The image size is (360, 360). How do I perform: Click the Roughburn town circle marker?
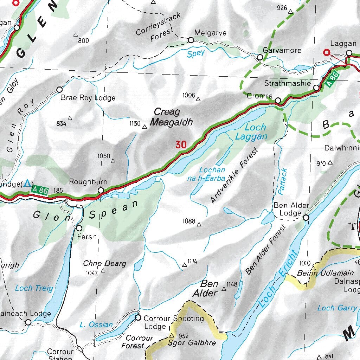click(x=101, y=190)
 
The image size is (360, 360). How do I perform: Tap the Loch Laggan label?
click(x=251, y=132)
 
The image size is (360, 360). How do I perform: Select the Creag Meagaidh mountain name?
click(x=171, y=117)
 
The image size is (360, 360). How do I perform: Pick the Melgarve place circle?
click(x=191, y=40)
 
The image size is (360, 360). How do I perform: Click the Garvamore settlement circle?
click(x=260, y=57)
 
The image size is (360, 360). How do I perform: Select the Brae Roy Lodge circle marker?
click(x=59, y=89)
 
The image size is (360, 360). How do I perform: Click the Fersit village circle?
click(x=79, y=228)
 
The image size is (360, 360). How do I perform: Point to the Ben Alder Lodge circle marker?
click(x=306, y=218)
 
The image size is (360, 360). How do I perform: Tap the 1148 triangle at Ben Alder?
click(x=224, y=289)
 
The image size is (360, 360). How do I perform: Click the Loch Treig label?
click(x=34, y=288)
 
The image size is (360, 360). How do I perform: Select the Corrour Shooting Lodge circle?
click(x=138, y=318)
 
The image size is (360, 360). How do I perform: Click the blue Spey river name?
click(x=195, y=53)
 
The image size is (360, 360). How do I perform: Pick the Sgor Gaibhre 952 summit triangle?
click(x=172, y=335)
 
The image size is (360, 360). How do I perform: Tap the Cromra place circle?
click(x=278, y=101)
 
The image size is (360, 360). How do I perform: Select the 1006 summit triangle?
click(x=198, y=99)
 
